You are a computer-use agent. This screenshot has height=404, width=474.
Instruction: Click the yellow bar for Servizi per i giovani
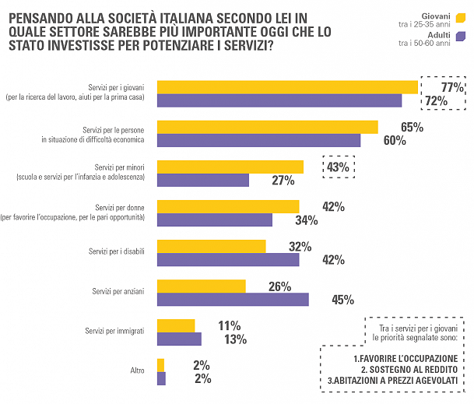tap(288, 86)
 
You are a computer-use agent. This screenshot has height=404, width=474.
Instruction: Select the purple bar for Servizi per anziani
tap(233, 300)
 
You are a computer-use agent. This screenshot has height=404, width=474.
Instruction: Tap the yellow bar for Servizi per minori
tap(230, 167)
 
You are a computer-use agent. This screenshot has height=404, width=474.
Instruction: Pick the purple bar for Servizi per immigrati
tap(179, 339)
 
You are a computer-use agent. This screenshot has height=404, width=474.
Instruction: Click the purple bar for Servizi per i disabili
tap(228, 260)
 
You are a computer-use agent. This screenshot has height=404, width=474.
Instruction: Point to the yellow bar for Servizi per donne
tap(228, 206)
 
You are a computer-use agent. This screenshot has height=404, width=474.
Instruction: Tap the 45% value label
tap(343, 300)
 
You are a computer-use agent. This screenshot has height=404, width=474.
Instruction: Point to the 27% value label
tap(283, 181)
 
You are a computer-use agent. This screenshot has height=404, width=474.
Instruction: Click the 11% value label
tap(229, 326)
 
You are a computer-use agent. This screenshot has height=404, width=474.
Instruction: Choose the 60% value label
tap(395, 140)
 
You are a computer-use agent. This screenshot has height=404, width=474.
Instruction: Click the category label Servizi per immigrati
tap(114, 332)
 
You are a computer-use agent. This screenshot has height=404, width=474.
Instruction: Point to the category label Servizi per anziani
tap(118, 291)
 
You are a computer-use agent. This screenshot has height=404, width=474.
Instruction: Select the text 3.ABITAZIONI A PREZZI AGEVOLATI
tap(392, 380)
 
